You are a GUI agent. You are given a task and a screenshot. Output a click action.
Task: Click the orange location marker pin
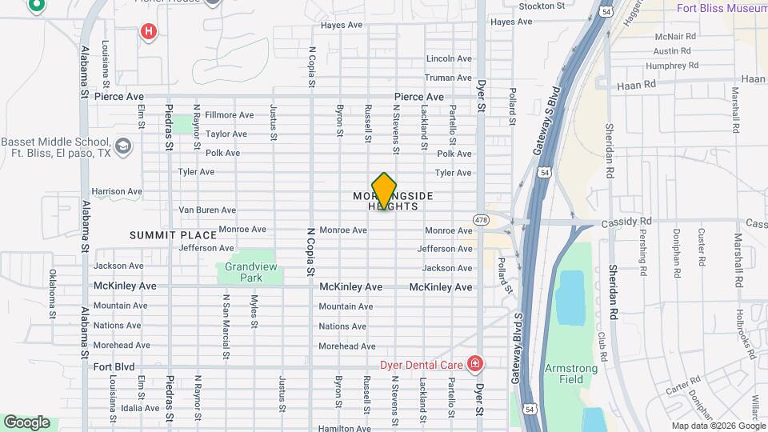385,190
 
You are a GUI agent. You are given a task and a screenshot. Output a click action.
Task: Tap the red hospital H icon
148,32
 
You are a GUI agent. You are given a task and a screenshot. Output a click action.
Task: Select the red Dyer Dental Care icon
475,365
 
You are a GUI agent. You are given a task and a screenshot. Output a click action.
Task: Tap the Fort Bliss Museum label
721,9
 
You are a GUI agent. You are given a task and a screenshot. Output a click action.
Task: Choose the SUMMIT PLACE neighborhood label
174,235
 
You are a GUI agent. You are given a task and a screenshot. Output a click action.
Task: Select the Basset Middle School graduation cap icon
123,146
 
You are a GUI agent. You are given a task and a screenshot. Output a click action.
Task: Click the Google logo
26,422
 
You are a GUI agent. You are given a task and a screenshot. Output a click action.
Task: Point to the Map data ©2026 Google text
718,426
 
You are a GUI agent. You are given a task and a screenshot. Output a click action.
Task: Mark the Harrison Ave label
116,192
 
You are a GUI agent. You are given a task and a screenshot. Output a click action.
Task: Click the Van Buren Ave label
206,210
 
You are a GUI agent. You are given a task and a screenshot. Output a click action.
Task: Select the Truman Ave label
448,78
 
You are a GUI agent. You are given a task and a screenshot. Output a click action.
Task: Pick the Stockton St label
542,6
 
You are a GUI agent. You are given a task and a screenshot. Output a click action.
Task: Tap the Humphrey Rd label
672,66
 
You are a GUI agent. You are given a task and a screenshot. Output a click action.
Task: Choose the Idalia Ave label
141,408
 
